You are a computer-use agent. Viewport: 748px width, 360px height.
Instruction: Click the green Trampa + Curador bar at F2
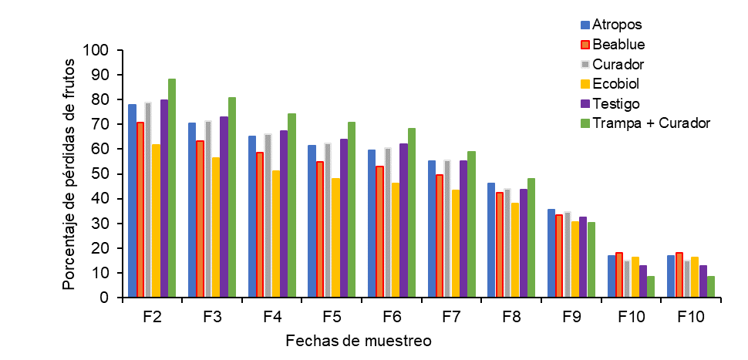click(172, 188)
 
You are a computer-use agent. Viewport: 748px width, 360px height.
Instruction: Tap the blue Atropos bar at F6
click(372, 224)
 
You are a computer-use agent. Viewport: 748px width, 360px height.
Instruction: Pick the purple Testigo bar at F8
click(523, 243)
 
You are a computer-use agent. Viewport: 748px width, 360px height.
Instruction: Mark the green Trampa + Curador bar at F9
click(591, 260)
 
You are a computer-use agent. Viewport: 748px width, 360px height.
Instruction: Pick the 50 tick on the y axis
click(105, 174)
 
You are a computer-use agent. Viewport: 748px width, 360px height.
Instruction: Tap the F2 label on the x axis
click(152, 317)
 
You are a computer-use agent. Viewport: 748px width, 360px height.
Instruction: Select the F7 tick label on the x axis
click(452, 317)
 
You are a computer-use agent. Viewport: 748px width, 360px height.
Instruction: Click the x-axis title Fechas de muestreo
click(357, 340)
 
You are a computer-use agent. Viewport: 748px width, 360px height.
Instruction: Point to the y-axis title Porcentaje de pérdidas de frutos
click(70, 174)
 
